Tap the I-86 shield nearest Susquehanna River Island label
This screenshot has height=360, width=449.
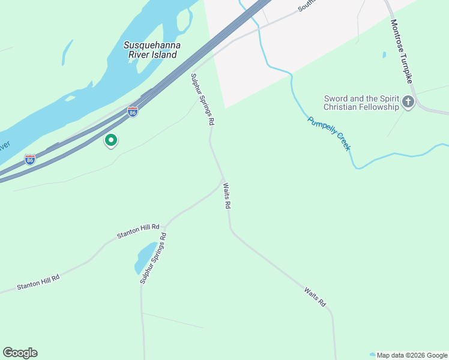click(x=133, y=112)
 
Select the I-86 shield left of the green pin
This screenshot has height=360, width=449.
click(x=30, y=159)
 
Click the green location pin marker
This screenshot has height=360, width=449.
click(x=111, y=140)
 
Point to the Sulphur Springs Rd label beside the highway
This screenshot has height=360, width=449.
click(x=203, y=99)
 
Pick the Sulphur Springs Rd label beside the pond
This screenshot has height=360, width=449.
click(x=153, y=258)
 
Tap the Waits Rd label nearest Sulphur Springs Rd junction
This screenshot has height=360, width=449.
click(x=227, y=196)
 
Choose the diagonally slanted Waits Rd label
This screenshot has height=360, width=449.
click(x=315, y=298)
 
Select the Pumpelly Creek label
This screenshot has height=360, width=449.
click(x=329, y=133)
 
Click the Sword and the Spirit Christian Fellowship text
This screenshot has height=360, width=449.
click(x=361, y=103)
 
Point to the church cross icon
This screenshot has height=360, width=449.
click(x=408, y=102)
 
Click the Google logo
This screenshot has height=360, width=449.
click(x=20, y=353)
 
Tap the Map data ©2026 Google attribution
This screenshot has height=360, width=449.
click(x=411, y=355)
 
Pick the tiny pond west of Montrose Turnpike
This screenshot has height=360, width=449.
click(x=384, y=55)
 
